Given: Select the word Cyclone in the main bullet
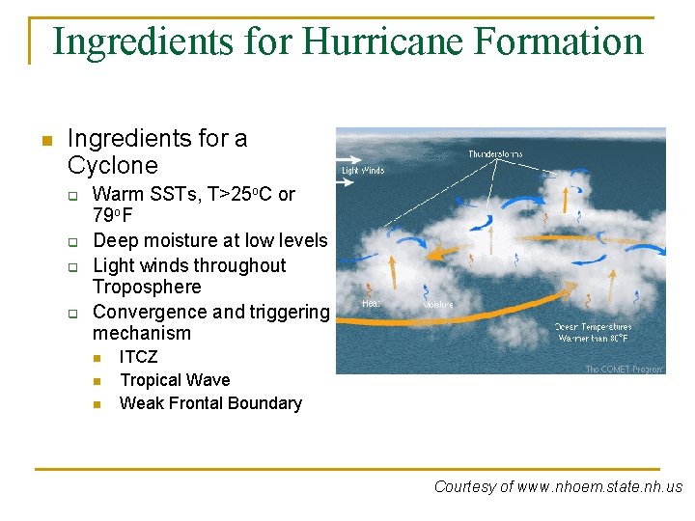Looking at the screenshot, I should (112, 165).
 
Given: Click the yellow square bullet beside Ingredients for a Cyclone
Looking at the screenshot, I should (44, 141).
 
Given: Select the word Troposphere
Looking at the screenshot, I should (147, 287).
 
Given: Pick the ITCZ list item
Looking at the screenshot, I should (138, 357).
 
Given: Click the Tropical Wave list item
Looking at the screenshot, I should (174, 380).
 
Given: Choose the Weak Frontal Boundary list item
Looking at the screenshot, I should (209, 403).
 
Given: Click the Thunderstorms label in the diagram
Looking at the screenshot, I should (497, 154).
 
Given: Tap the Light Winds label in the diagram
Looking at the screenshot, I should (363, 171).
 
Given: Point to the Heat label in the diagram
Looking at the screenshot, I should (371, 304).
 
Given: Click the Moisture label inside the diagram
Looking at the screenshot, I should (438, 306).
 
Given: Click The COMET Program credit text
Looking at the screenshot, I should (624, 369).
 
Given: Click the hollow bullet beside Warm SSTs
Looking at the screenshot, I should (71, 195).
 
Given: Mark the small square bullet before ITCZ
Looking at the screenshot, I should (97, 358).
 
